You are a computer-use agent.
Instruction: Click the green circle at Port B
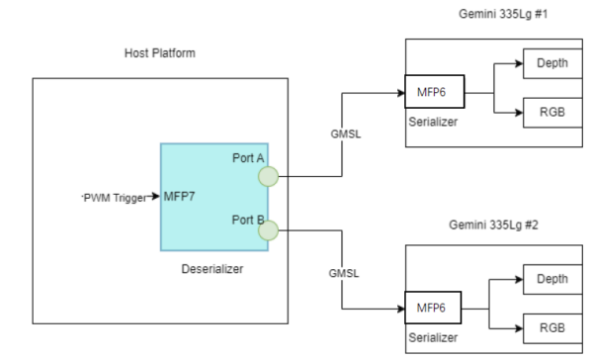(267, 232)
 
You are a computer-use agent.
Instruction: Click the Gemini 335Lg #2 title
(494, 226)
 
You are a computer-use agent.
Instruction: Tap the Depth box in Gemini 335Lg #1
(552, 62)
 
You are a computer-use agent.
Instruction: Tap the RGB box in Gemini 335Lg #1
(552, 112)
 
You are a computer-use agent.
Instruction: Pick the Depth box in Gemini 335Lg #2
(552, 279)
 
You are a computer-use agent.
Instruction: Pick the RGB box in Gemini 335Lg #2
(552, 327)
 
